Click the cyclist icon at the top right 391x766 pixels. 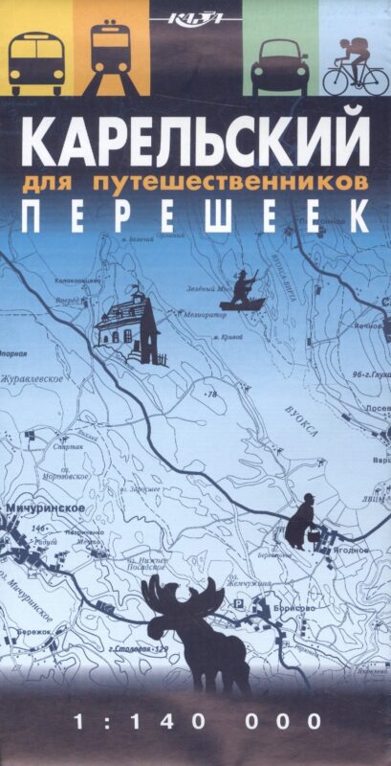click(x=355, y=67)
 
